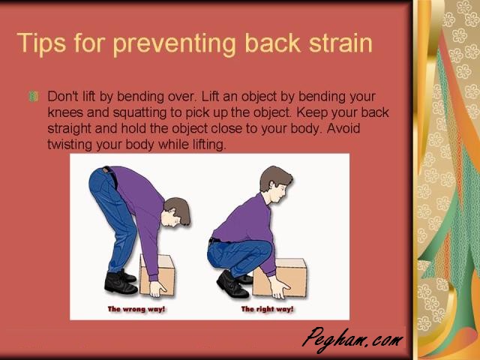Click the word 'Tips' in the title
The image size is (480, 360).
pyautogui.click(x=42, y=43)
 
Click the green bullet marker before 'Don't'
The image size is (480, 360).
pyautogui.click(x=33, y=97)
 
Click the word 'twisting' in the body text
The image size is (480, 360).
pyautogui.click(x=70, y=145)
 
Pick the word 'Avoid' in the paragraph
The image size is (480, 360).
pyautogui.click(x=343, y=128)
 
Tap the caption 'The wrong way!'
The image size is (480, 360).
pyautogui.click(x=136, y=309)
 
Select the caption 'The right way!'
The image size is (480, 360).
pyautogui.click(x=267, y=309)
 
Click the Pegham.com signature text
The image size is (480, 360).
pyautogui.click(x=352, y=340)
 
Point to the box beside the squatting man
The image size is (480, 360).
pyautogui.click(x=279, y=277)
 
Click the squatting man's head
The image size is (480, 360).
pyautogui.click(x=275, y=184)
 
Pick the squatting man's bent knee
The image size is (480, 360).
pyautogui.click(x=264, y=250)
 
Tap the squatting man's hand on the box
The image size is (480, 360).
pyautogui.click(x=279, y=287)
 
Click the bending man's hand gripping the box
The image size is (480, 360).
pyautogui.click(x=157, y=289)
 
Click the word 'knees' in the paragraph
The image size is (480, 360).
pyautogui.click(x=65, y=112)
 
